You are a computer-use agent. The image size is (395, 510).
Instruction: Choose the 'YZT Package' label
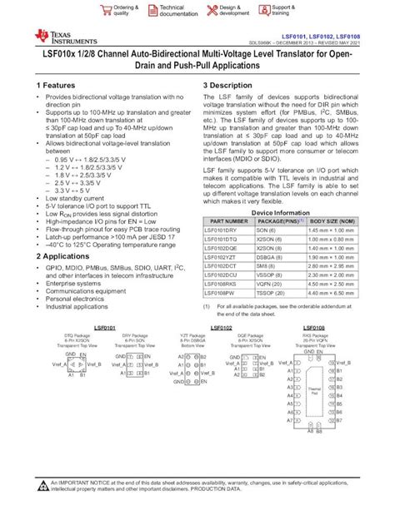pyautogui.click(x=193, y=335)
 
